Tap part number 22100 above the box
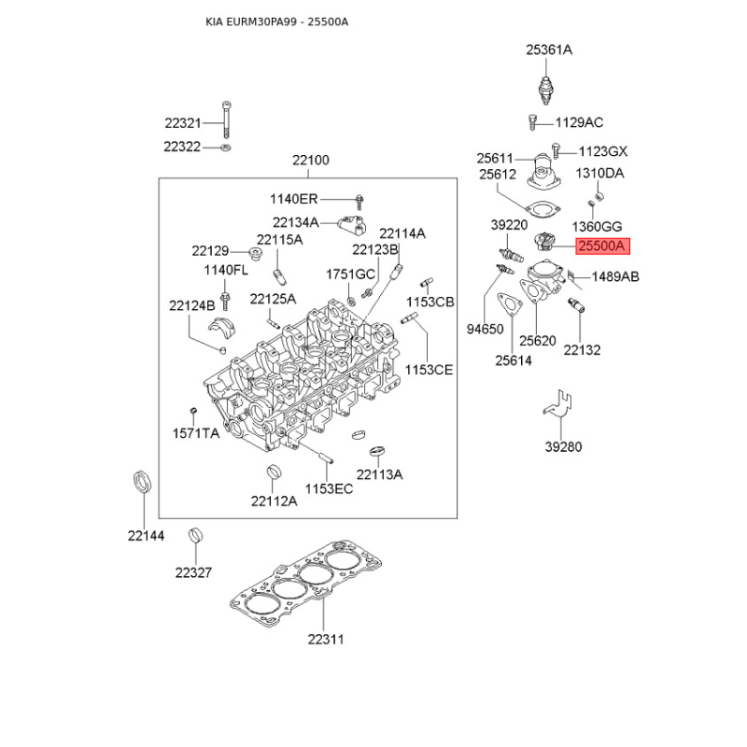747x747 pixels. click(x=311, y=161)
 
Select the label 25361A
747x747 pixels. click(x=548, y=49)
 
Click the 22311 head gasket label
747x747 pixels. click(x=325, y=640)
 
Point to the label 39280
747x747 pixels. click(x=563, y=446)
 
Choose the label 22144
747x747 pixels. click(x=146, y=535)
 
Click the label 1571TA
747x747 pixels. click(x=195, y=433)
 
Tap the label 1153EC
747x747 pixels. click(x=329, y=489)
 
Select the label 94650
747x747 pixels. click(x=485, y=329)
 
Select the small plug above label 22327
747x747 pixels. click(x=195, y=535)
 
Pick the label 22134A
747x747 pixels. click(x=296, y=222)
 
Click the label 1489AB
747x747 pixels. click(x=615, y=276)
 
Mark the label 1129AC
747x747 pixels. click(x=579, y=122)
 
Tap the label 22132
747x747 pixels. click(x=582, y=349)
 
